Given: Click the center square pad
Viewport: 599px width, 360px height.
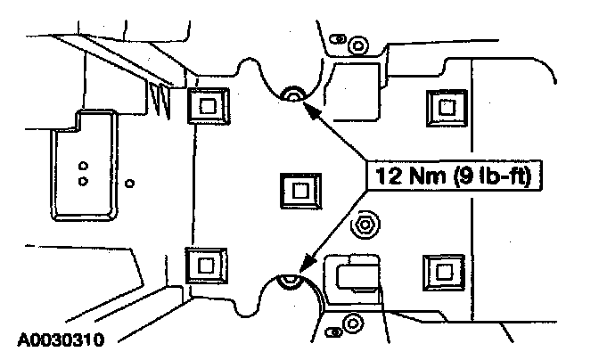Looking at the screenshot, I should [x=299, y=189].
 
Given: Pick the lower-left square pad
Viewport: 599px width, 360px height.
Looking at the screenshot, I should [x=207, y=266].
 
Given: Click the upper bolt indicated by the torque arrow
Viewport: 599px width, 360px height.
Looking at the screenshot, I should [x=291, y=94].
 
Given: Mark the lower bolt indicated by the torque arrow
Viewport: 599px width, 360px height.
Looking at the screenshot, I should [x=289, y=282].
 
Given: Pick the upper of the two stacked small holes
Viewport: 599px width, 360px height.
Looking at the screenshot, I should [x=81, y=165].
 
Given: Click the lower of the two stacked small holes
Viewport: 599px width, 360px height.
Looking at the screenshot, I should [x=82, y=181].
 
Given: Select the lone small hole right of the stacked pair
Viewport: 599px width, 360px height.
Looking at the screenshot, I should [x=130, y=184].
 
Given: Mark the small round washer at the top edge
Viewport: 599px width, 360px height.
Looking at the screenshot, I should [x=357, y=43].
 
